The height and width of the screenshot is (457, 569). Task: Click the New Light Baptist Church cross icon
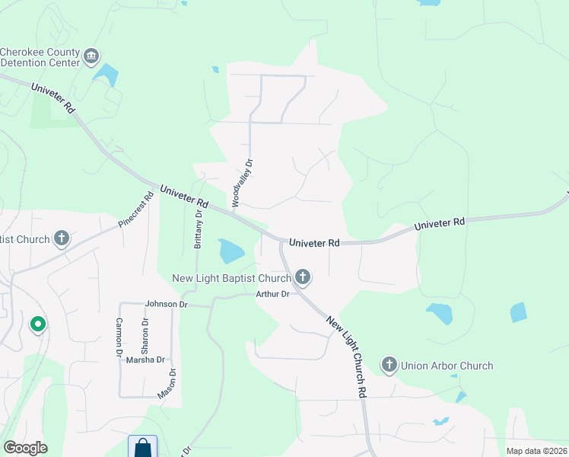[303, 277]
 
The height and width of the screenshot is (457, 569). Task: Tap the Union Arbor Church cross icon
[389, 366]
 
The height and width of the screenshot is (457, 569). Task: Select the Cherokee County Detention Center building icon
[91, 56]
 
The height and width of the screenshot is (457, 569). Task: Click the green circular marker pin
[37, 325]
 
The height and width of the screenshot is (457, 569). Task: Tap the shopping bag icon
[142, 447]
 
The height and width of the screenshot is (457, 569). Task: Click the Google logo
[25, 448]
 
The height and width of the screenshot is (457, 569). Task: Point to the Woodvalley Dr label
[242, 183]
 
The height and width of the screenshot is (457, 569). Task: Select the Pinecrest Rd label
[137, 210]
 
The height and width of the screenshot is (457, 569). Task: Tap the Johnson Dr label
[167, 304]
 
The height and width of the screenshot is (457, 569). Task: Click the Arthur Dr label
[272, 294]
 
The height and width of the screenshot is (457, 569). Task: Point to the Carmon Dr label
[119, 337]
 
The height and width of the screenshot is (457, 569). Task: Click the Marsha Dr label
[145, 360]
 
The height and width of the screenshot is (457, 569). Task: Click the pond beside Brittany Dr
[230, 251]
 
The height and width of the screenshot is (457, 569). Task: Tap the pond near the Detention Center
[106, 75]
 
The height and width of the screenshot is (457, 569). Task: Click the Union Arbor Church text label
[447, 366]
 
